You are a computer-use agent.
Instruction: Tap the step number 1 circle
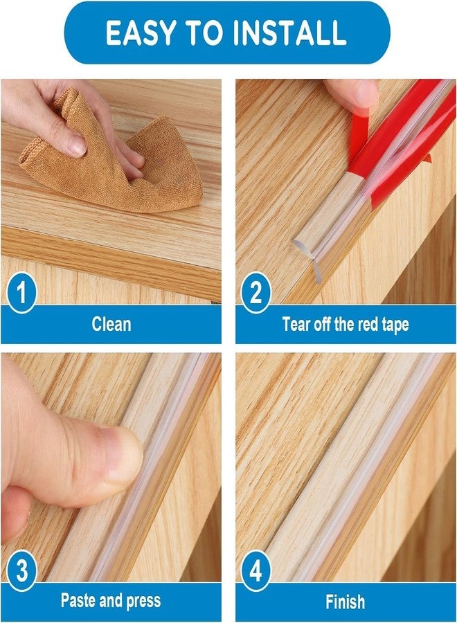pyautogui.click(x=21, y=294)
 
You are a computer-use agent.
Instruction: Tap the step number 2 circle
pyautogui.click(x=256, y=294)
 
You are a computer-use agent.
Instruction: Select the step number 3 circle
pyautogui.click(x=21, y=572)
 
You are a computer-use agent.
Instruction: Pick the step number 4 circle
pyautogui.click(x=256, y=572)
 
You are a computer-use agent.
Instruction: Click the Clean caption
pyautogui.click(x=111, y=324)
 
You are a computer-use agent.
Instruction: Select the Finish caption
pyautogui.click(x=346, y=600)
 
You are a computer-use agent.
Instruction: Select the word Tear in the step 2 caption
pyautogui.click(x=296, y=324)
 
